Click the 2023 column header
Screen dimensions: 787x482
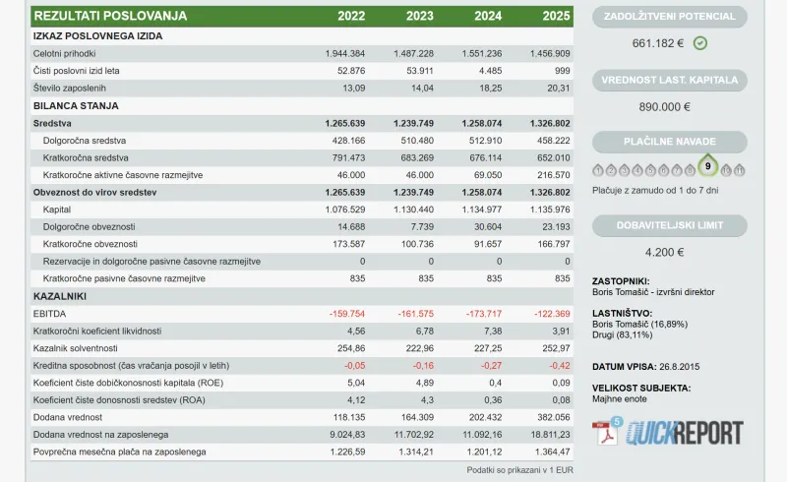(x=420, y=16)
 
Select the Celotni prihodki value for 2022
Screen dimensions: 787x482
(x=345, y=54)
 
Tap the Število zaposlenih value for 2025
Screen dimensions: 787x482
(x=559, y=89)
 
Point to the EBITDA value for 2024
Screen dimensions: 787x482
(x=484, y=314)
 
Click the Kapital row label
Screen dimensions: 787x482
(x=57, y=210)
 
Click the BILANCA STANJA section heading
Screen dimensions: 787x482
(x=76, y=106)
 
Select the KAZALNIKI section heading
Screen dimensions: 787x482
(x=60, y=296)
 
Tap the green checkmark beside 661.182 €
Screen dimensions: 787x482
(x=700, y=43)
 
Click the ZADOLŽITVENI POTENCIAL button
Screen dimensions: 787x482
(x=670, y=17)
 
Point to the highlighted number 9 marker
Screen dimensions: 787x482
(x=707, y=166)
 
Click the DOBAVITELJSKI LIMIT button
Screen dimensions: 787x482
(x=670, y=225)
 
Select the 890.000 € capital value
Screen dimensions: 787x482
(x=665, y=107)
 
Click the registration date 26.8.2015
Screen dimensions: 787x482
(x=679, y=367)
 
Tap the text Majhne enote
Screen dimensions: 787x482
(x=620, y=399)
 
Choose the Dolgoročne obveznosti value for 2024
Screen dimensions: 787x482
(x=488, y=227)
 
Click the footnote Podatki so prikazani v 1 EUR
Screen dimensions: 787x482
(x=520, y=470)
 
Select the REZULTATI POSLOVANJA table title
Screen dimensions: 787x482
(x=110, y=16)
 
